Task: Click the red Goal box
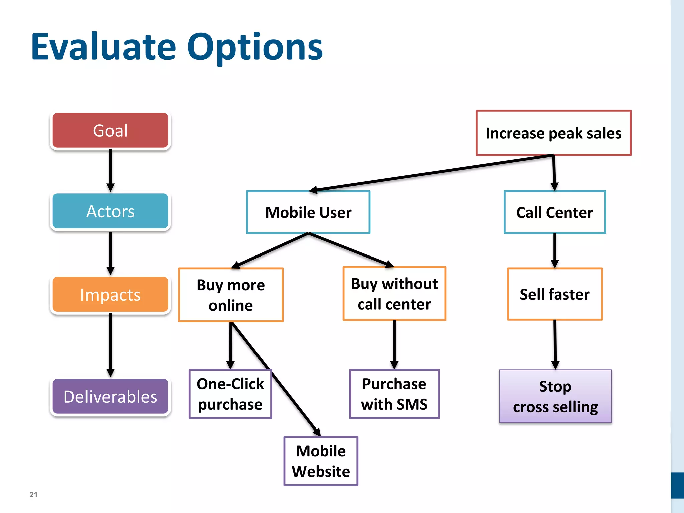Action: [x=110, y=130]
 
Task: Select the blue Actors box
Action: [x=110, y=211]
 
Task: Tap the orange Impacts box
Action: [x=110, y=295]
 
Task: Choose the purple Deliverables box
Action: [x=110, y=396]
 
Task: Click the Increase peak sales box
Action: [x=553, y=133]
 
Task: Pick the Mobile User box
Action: [x=308, y=212]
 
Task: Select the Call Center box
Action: [x=554, y=212]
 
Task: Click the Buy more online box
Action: [x=230, y=295]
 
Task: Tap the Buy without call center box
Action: [x=394, y=294]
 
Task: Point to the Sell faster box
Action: [x=554, y=294]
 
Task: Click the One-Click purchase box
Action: [x=230, y=394]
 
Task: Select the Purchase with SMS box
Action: [x=394, y=394]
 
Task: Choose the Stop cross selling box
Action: [x=555, y=396]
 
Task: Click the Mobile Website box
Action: [x=321, y=461]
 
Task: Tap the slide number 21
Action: [x=33, y=494]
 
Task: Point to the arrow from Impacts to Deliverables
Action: [x=110, y=344]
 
